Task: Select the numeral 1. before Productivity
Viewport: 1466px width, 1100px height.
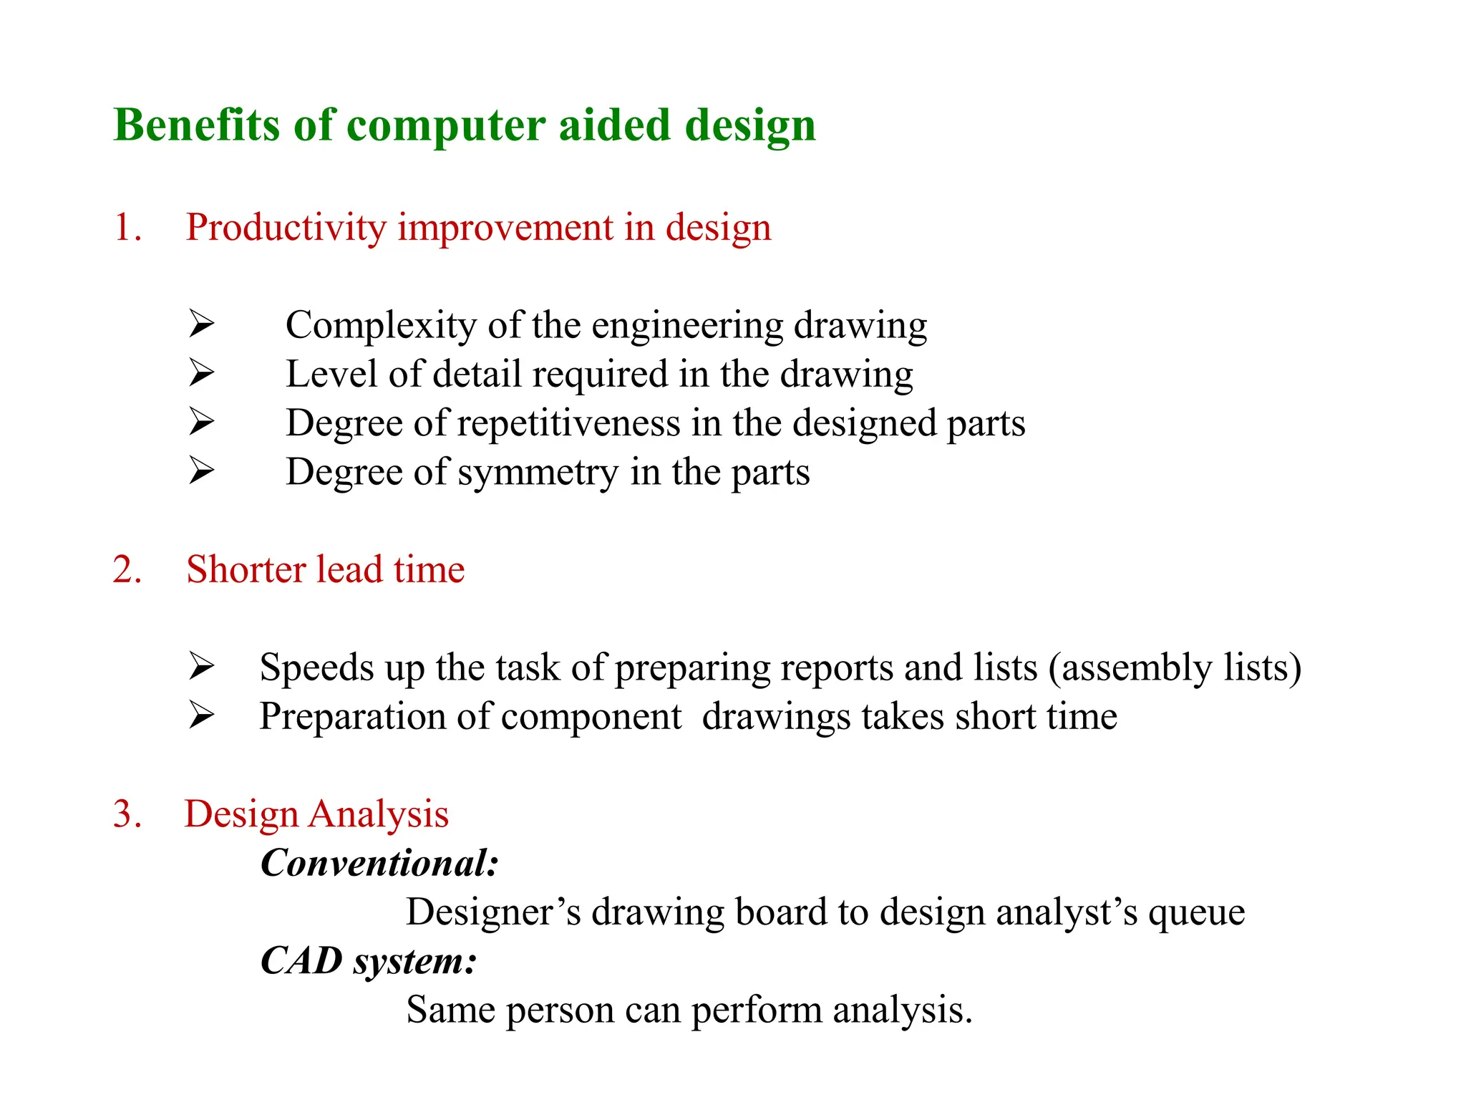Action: pos(127,228)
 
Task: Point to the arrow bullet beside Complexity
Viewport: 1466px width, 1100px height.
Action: pos(202,324)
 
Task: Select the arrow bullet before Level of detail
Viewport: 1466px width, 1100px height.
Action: pos(202,373)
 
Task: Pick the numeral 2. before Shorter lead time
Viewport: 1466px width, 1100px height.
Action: pos(127,570)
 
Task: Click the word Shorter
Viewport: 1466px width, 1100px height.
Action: pos(246,570)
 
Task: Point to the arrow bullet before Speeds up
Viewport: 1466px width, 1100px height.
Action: pos(202,667)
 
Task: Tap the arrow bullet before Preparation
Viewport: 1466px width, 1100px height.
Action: pos(202,715)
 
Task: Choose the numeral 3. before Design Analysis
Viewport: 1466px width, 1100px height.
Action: pos(127,814)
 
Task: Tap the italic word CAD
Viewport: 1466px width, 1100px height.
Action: pos(301,960)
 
